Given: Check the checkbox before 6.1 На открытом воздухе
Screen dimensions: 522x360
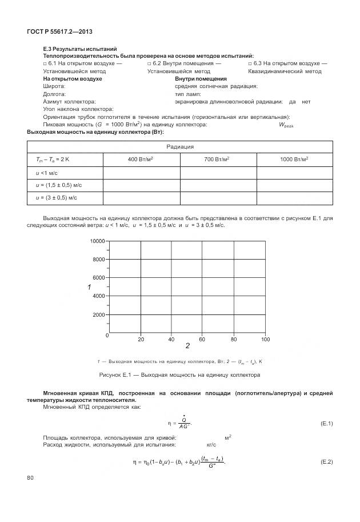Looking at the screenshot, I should pos(45,63).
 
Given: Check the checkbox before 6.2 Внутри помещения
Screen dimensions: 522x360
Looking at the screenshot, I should pos(150,63).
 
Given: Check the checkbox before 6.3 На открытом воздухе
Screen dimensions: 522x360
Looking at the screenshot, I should pos(250,63).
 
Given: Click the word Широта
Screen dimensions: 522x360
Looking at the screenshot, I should pos(54,86).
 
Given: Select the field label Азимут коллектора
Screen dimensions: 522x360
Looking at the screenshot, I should pos(68,101).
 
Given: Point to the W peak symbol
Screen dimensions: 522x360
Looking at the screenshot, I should pos(286,125).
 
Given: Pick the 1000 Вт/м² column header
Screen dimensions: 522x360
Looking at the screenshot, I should pos(295,159).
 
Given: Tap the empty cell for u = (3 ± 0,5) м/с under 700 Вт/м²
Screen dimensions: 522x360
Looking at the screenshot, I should pos(218,197).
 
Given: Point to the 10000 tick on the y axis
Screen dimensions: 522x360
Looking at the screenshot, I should pos(97,241).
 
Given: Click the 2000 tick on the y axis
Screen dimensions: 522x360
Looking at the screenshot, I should pos(99,314).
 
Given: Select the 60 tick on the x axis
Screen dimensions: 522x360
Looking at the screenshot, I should pos(202,340).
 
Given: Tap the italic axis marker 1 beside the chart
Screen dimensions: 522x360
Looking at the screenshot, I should pos(89,286).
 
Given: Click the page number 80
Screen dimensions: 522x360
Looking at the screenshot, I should pos(30,477).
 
